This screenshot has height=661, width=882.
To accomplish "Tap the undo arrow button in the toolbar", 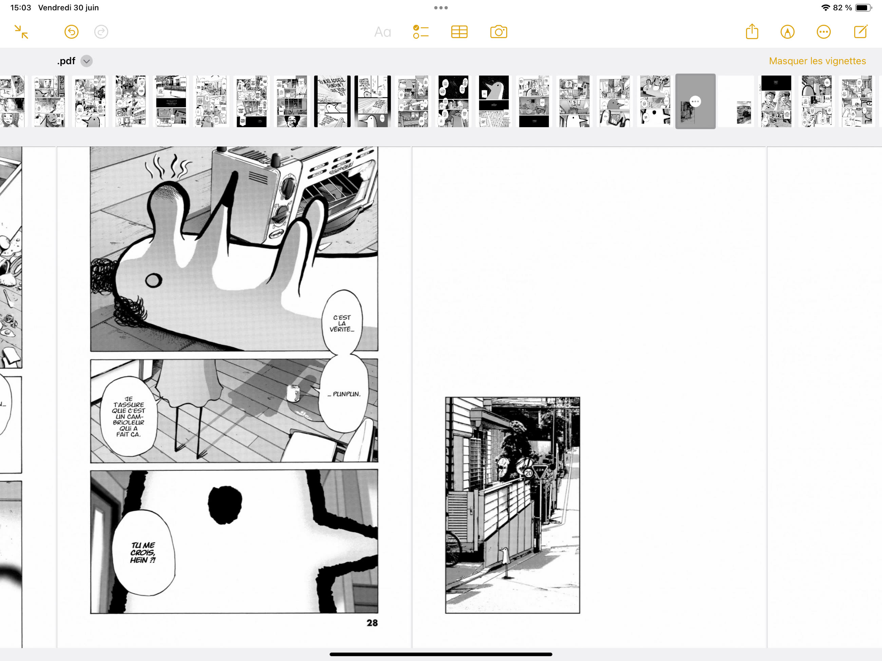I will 71,32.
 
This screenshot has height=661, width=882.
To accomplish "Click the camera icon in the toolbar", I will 498,32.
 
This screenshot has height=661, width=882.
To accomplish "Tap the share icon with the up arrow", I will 752,32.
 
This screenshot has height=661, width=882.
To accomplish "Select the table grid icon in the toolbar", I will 459,32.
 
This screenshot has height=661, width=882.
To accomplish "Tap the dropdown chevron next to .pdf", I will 87,61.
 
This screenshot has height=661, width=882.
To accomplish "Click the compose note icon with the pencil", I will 861,32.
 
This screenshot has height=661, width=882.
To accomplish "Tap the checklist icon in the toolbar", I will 421,32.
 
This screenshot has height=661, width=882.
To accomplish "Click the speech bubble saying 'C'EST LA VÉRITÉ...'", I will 342,323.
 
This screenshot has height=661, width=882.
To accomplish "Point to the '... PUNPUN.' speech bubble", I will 344,394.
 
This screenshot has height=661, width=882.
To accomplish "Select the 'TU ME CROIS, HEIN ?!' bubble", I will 143,552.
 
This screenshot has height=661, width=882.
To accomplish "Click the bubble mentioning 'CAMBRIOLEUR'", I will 128,416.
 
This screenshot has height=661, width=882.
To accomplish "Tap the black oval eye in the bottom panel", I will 225,505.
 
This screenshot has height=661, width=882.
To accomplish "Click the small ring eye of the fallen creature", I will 154,280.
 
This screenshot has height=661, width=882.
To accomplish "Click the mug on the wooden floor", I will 293,393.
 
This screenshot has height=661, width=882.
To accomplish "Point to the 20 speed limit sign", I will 528,473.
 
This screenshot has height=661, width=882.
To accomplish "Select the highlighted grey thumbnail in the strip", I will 695,101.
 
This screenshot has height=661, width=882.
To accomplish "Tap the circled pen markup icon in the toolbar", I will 787,32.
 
